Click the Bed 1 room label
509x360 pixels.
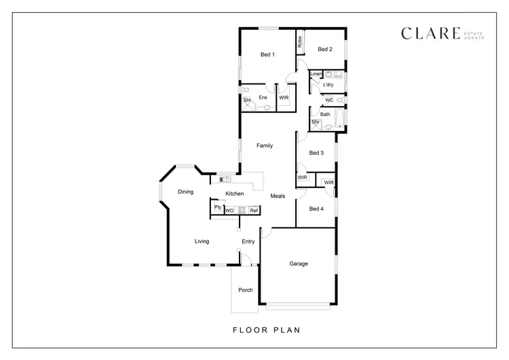267,54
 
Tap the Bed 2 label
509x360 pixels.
325,49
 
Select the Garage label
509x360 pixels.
299,264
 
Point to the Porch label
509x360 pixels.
245,290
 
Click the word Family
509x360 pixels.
265,145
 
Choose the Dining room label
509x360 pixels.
185,192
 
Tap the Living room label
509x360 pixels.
202,241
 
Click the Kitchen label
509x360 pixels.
235,194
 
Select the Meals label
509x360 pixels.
278,196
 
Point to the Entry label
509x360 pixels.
248,241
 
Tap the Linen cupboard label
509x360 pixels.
316,73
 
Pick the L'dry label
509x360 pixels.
328,85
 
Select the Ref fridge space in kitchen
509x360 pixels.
253,211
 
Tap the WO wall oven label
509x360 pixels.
229,211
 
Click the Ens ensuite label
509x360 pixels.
263,97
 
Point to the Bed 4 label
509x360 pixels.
316,209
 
